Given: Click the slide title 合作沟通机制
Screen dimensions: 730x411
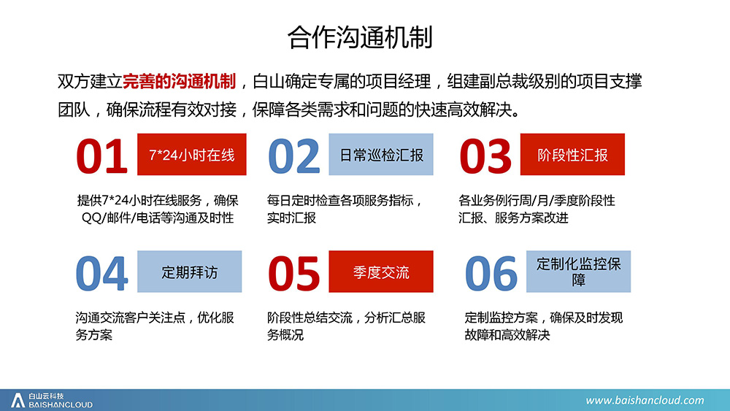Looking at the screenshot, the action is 360,37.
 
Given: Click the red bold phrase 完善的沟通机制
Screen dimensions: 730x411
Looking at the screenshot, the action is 180,82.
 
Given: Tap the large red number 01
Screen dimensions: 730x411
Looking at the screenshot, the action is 101,156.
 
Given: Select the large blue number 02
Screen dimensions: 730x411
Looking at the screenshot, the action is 293,156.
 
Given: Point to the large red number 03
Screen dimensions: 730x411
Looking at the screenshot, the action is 485,156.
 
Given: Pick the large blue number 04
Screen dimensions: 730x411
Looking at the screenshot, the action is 101,273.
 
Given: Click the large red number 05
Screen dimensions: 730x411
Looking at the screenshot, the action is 293,273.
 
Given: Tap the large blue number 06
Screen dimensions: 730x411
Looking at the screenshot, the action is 491,273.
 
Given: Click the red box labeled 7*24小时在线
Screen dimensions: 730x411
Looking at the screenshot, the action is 192,155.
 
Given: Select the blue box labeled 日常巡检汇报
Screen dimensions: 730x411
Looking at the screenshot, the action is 381,155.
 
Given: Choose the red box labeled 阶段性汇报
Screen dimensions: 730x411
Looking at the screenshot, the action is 572,155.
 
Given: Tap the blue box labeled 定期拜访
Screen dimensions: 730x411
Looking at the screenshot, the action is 190,272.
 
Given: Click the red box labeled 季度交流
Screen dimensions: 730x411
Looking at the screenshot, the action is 381,272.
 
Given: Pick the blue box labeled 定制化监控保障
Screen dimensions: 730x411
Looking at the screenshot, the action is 579,272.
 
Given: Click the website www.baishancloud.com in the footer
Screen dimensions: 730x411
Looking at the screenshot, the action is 645,400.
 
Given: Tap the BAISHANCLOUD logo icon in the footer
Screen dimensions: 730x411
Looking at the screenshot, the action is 18,400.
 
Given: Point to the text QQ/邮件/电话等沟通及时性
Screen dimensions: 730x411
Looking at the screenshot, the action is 158,218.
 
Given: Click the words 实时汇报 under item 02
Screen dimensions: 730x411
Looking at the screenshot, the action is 291,218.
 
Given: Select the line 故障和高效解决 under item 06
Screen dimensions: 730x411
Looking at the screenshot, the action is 507,335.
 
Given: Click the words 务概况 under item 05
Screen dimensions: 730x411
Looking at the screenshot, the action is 285,335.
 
